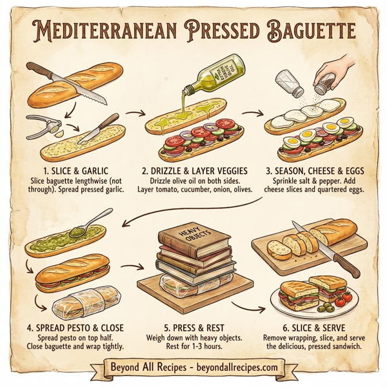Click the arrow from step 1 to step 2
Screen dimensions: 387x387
[x=135, y=114]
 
